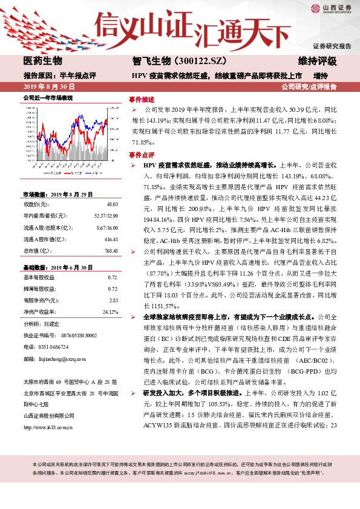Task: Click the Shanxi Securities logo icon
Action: tap(316, 8)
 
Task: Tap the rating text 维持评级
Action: tap(318, 62)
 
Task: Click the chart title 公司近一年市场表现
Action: tap(47, 97)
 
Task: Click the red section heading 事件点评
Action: tap(142, 155)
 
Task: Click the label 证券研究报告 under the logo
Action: tap(332, 46)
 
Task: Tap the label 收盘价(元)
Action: tap(37, 205)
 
